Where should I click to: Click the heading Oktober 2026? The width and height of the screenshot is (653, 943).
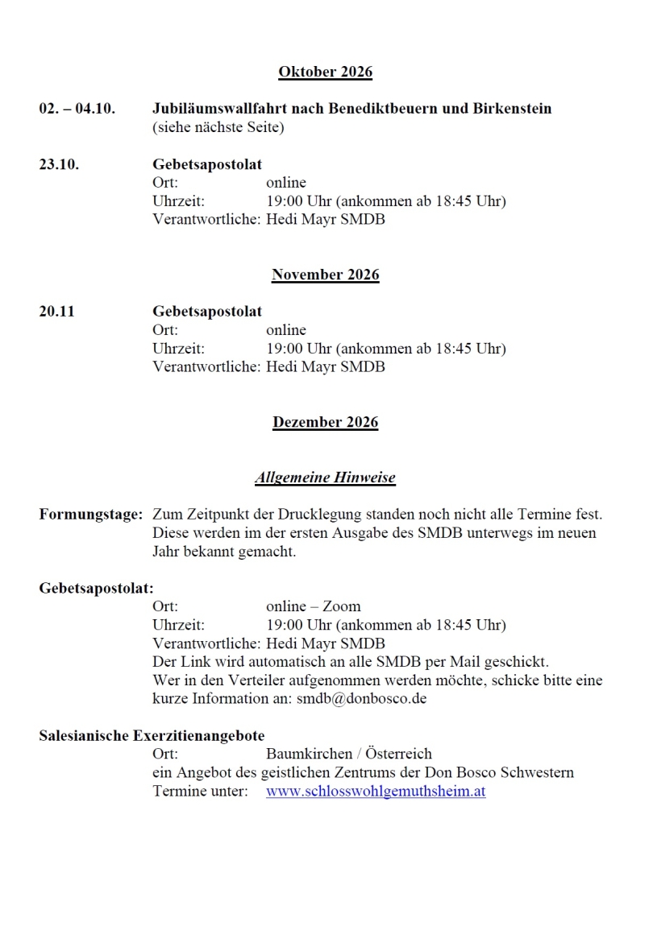[325, 72]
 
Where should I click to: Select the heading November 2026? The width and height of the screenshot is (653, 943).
[325, 275]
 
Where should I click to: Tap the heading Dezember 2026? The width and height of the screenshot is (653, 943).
[325, 422]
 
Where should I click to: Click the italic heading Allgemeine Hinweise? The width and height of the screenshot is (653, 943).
[325, 478]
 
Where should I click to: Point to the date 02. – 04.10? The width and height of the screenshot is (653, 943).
[77, 108]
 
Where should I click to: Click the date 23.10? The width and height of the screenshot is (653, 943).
[59, 164]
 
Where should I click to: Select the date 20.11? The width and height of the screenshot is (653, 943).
[56, 312]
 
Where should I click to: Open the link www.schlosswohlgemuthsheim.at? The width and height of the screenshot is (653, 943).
[376, 792]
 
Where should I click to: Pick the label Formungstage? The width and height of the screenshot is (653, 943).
[90, 514]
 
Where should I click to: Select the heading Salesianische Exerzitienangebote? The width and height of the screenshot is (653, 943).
[152, 735]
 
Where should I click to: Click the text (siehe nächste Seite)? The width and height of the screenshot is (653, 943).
[218, 127]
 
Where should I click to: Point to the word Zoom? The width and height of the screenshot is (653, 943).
[342, 606]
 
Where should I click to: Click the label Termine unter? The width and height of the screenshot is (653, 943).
[201, 792]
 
